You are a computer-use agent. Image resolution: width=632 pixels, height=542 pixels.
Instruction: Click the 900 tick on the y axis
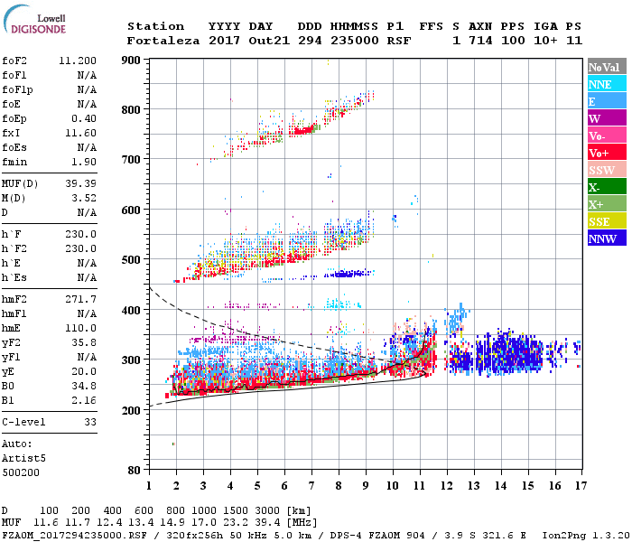pos(131,61)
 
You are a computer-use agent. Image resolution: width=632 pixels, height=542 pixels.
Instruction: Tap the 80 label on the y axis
pos(135,471)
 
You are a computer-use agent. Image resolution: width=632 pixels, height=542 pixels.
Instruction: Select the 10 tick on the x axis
pos(392,485)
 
